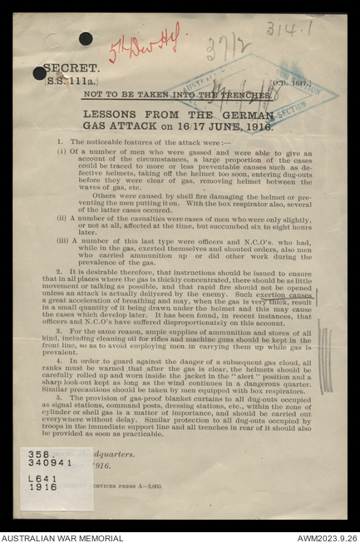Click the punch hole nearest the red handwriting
pos(86,38)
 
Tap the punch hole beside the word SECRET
pos(39,73)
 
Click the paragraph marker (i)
pos(62,151)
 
